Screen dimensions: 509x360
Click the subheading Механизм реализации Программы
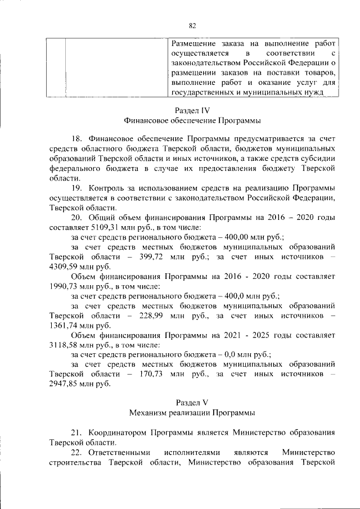(x=192, y=412)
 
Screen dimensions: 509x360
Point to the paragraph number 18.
(x=77, y=138)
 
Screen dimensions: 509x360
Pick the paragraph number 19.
(x=77, y=187)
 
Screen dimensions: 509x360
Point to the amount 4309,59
(x=64, y=267)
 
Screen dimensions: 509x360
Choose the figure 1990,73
(x=64, y=286)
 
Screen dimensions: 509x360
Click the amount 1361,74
(x=64, y=326)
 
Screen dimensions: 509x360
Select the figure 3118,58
(x=64, y=345)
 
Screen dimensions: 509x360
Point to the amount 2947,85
(x=64, y=385)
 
